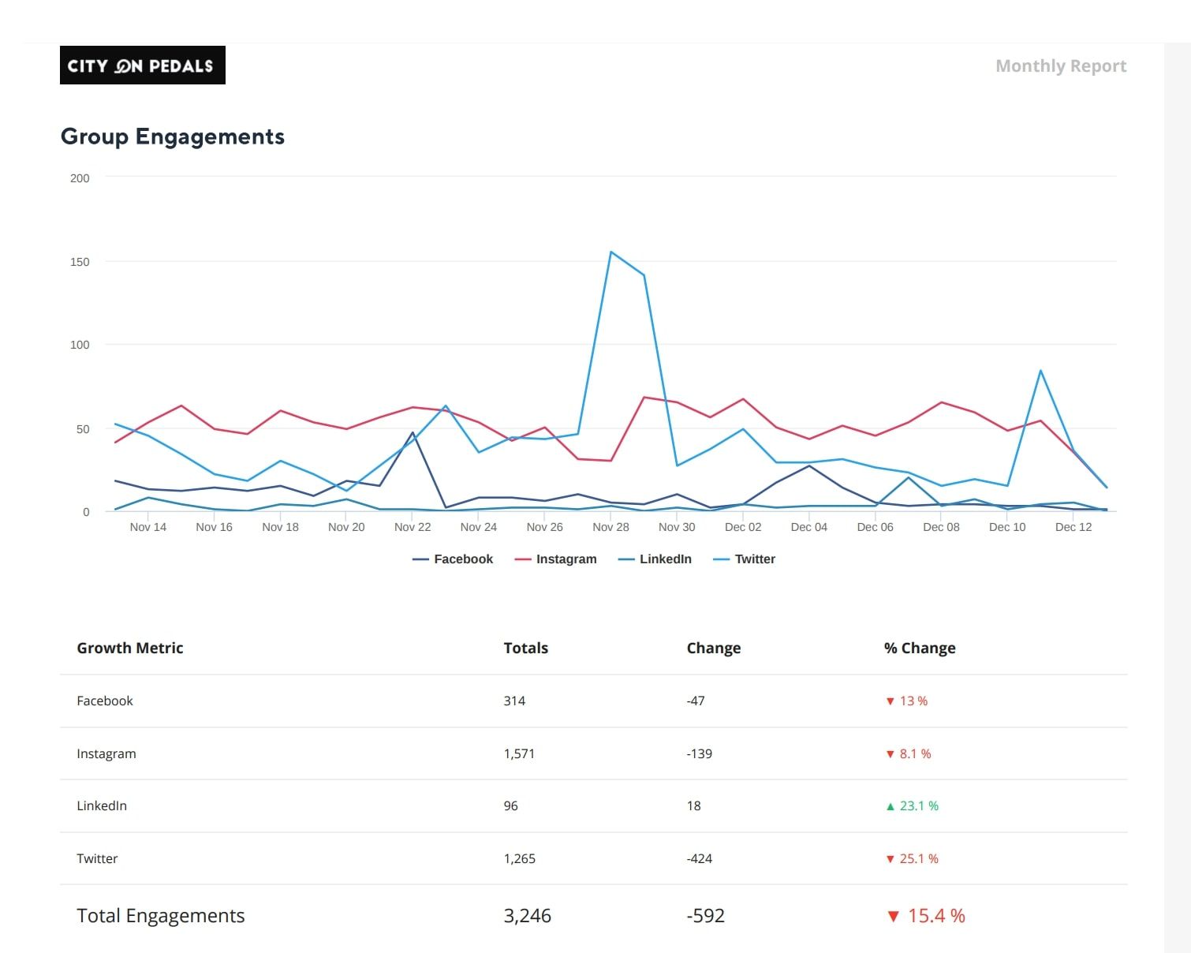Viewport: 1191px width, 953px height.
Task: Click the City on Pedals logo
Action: (142, 65)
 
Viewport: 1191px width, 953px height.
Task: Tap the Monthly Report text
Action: (1060, 66)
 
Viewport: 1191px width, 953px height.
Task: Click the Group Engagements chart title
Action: (172, 136)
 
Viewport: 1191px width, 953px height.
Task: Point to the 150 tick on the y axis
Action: (80, 262)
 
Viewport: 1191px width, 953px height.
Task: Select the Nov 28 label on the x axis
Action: (610, 527)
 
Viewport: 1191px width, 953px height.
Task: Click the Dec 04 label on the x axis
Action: (808, 527)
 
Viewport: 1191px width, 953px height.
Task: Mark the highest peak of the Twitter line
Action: (611, 252)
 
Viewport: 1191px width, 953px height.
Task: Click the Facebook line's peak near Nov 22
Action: (413, 432)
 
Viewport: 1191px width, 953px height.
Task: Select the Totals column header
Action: (525, 648)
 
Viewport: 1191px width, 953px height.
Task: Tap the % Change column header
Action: (919, 648)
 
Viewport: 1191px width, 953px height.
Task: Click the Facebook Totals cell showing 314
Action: (514, 701)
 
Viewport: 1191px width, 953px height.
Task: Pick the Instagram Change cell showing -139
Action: (699, 753)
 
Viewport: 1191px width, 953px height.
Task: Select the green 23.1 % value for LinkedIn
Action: (918, 805)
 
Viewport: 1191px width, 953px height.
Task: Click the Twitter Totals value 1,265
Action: (519, 858)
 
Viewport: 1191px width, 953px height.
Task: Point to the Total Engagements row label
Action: (160, 915)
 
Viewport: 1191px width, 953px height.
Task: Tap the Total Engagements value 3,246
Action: (527, 915)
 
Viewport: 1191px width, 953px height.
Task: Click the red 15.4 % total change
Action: (935, 915)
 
